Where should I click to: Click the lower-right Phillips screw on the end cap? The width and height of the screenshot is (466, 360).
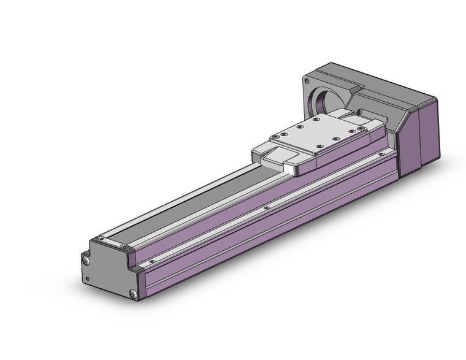pyautogui.click(x=132, y=293)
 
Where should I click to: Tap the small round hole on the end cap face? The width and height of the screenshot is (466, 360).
pyautogui.click(x=87, y=279)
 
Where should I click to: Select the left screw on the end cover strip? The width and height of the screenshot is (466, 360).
pyautogui.click(x=101, y=237)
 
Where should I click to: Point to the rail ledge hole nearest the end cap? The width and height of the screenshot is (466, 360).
pyautogui.click(x=153, y=260)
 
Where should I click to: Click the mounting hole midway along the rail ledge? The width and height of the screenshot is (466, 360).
pyautogui.click(x=265, y=208)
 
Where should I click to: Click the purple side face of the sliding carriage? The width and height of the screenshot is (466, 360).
pyautogui.click(x=343, y=155)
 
